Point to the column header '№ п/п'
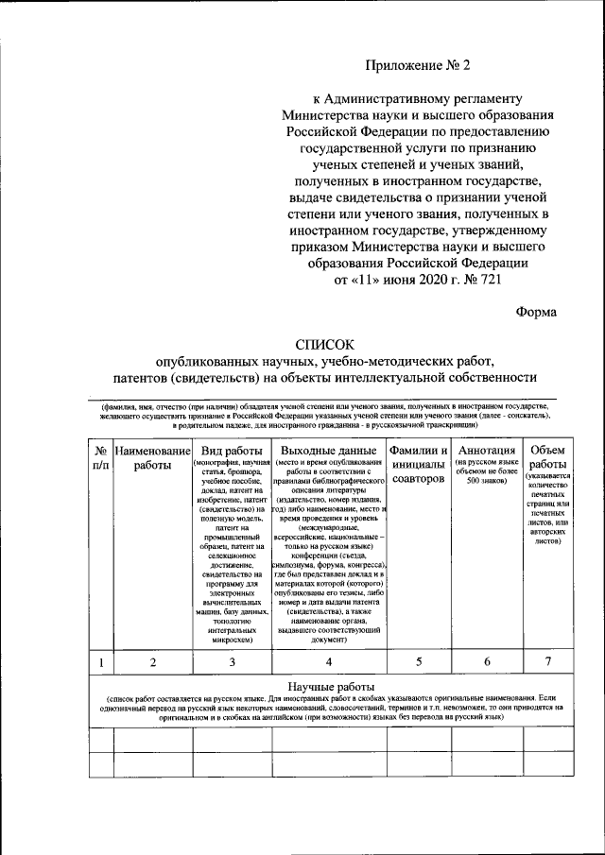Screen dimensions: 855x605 [99, 457]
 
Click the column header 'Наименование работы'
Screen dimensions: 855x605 [152, 457]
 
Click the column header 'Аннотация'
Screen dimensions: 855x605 [483, 450]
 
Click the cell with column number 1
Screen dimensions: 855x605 [99, 661]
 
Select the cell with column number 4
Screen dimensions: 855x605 [327, 661]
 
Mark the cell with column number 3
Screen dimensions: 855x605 [232, 661]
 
